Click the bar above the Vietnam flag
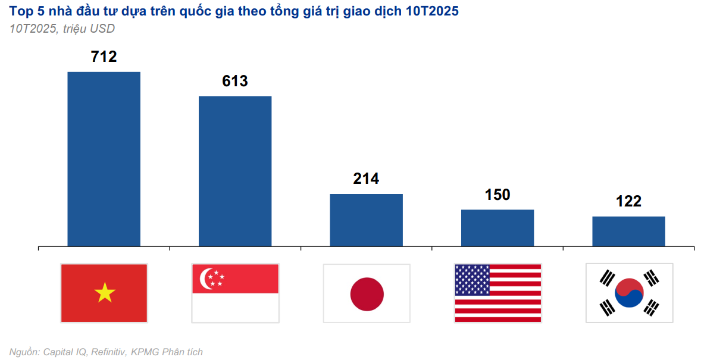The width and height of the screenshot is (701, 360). pyautogui.click(x=104, y=159)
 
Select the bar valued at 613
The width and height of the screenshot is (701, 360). pyautogui.click(x=235, y=171)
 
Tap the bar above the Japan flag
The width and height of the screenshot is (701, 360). pyautogui.click(x=367, y=220)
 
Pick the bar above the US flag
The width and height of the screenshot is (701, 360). pyautogui.click(x=497, y=227)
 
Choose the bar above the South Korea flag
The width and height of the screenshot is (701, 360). pyautogui.click(x=628, y=231)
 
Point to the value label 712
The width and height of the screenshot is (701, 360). pyautogui.click(x=104, y=57)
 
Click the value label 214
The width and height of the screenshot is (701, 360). pyautogui.click(x=366, y=179)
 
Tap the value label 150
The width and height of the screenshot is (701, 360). pyautogui.click(x=497, y=195)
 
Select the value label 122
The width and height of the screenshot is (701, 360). pyautogui.click(x=629, y=201)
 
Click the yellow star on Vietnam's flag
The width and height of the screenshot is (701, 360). pyautogui.click(x=105, y=293)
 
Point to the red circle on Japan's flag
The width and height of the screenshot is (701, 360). pyautogui.click(x=367, y=294)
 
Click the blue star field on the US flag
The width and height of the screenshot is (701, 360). pyautogui.click(x=472, y=280)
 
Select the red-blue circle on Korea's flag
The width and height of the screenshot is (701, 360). pyautogui.click(x=630, y=293)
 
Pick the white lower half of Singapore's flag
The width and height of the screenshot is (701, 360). pyautogui.click(x=235, y=308)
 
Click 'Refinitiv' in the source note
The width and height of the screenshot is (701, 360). pyautogui.click(x=108, y=352)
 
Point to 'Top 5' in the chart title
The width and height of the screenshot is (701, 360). pyautogui.click(x=24, y=11)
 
